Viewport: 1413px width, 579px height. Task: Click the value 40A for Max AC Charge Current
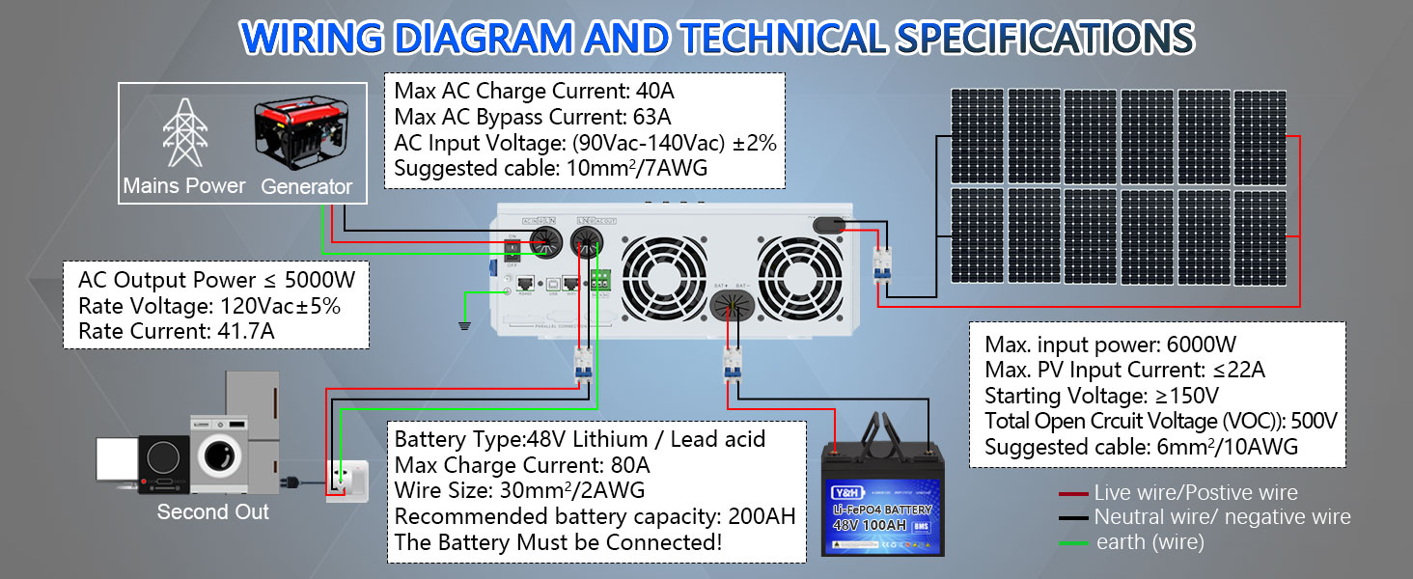[655, 93]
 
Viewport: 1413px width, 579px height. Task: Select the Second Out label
[213, 511]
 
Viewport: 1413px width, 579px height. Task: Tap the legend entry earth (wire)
[1150, 542]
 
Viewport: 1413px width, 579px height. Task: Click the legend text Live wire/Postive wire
[1196, 493]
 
